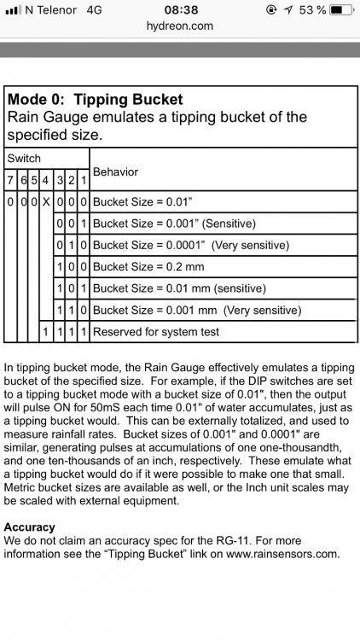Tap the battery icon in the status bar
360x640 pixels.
point(340,9)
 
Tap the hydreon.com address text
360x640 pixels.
point(180,26)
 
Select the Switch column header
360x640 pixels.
point(24,159)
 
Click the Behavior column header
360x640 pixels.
point(115,172)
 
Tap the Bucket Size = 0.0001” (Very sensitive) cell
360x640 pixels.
point(191,245)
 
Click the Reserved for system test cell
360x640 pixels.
point(156,331)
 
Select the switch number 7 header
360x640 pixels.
point(10,180)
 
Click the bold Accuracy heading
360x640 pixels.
point(29,527)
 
